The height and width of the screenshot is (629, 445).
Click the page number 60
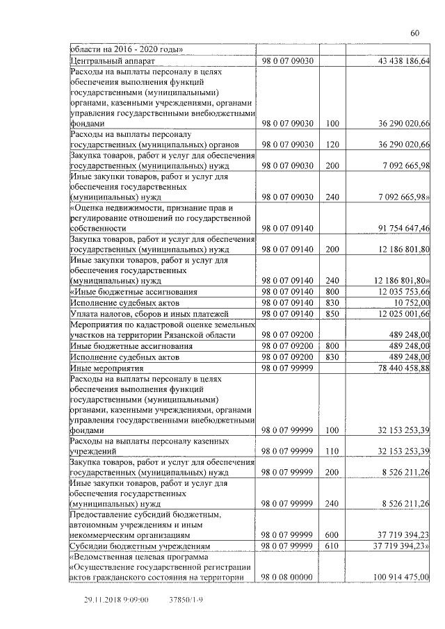[x=414, y=33]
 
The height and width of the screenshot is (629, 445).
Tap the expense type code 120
[x=332, y=144]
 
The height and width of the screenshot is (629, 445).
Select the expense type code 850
[x=332, y=313]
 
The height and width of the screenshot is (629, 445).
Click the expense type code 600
[x=332, y=535]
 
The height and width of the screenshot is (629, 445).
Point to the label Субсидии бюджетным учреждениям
[x=140, y=546]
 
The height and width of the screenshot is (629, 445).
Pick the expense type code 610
[x=332, y=546]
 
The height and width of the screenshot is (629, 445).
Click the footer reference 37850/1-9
[x=186, y=598]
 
